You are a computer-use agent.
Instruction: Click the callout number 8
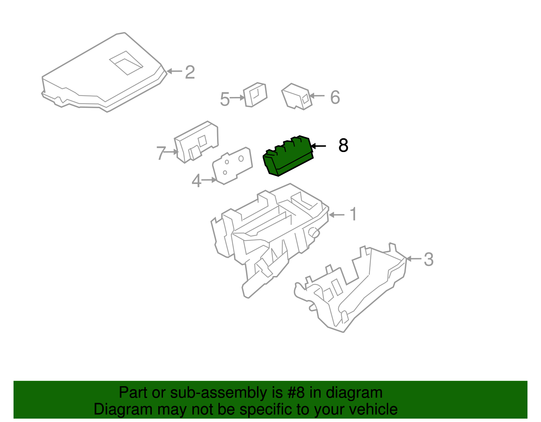pos(343,146)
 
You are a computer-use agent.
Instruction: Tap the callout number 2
pos(190,72)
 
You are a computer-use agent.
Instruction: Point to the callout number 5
pos(225,99)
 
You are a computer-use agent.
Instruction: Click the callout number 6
pos(335,97)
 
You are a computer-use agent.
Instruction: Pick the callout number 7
pos(161,153)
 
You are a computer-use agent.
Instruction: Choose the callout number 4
pos(196,181)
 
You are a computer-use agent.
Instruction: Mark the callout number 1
pos(353,215)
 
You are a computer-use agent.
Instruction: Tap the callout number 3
pos(428,259)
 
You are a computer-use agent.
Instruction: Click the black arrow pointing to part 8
pos(319,146)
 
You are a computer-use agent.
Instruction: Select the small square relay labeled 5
pos(255,95)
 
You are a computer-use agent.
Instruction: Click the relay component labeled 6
pos(297,96)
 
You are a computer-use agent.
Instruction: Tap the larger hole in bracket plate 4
pos(241,158)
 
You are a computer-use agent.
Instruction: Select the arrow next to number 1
pos(336,215)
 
